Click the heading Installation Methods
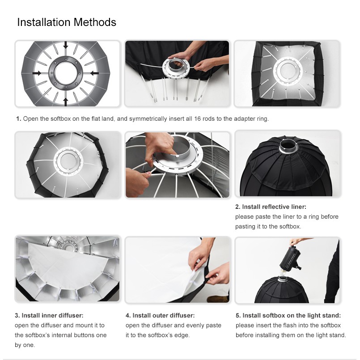67,22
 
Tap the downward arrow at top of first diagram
66,45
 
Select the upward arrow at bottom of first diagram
66,102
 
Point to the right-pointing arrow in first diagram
37,73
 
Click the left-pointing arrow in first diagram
95,73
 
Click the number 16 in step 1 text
197,119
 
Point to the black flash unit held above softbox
290,258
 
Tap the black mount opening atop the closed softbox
288,145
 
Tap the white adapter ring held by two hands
176,67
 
